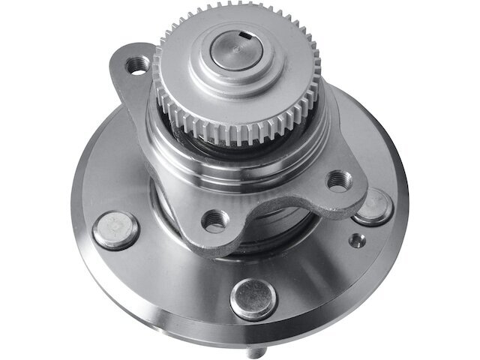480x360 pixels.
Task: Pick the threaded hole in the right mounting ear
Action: pos(338,181)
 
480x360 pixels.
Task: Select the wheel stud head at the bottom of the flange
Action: pos(253,298)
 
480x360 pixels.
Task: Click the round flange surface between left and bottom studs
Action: pos(172,277)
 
